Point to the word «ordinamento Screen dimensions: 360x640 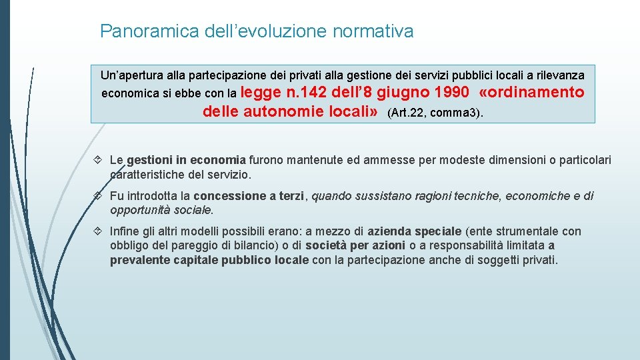click(x=531, y=92)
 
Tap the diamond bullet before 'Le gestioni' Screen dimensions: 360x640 click(x=99, y=160)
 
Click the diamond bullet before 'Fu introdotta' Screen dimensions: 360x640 click(x=99, y=196)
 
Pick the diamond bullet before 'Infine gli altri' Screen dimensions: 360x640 click(x=99, y=231)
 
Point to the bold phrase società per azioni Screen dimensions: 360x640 click(x=355, y=246)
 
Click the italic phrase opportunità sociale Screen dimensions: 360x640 click(x=161, y=210)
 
